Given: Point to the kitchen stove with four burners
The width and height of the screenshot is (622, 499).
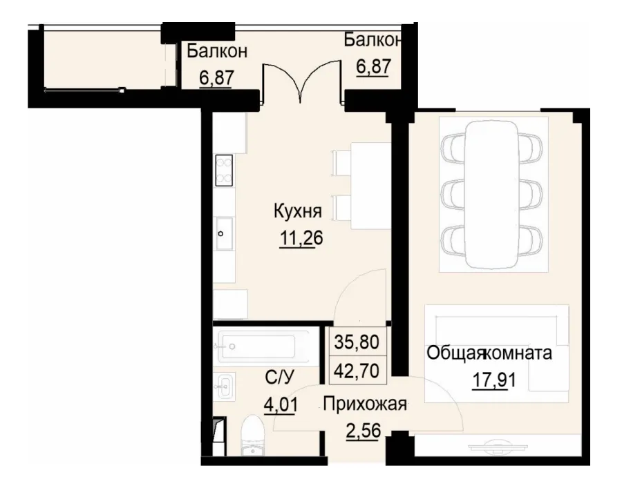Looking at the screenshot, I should [x=224, y=170].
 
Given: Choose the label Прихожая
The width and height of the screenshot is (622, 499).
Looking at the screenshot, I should [x=364, y=404].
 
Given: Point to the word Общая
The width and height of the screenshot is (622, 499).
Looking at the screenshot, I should [x=453, y=354].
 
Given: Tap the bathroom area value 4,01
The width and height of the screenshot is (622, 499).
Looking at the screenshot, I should [x=281, y=403].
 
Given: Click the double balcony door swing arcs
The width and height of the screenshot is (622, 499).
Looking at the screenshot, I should [x=302, y=83].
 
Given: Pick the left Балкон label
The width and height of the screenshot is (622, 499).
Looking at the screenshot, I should [x=217, y=50].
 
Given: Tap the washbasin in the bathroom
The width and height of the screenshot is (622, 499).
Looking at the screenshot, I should [x=225, y=386].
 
